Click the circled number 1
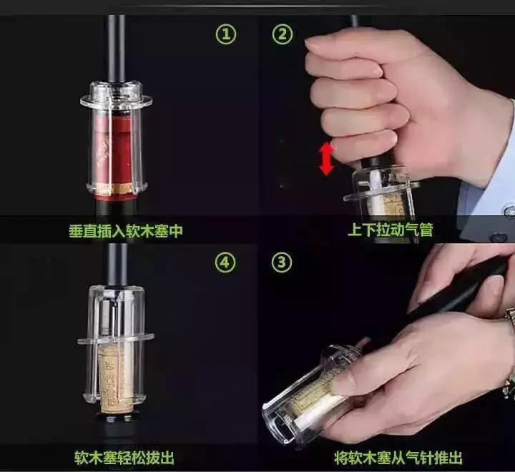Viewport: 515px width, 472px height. coord(226,34)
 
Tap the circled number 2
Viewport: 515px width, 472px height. coord(283,34)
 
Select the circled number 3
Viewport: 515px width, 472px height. coord(283,262)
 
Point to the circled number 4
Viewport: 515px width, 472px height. coord(226,262)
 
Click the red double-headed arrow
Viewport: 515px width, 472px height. coord(326,159)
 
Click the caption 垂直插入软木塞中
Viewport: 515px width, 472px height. coord(130,230)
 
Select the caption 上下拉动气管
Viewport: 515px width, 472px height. coord(391,230)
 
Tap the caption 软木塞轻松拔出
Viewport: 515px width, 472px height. coord(124,458)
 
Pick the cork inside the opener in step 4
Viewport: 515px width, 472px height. coord(114,379)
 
